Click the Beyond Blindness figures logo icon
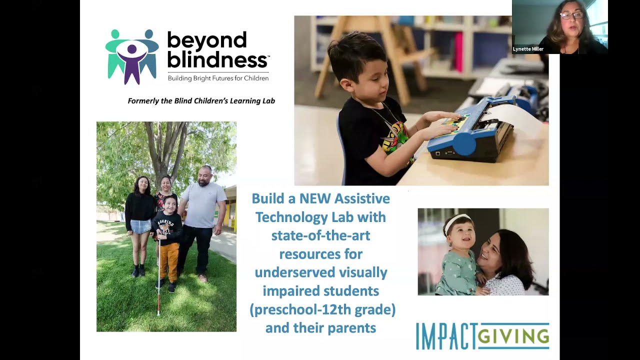pos(132,56)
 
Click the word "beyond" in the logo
pos(206,41)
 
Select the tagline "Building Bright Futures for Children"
pos(218,78)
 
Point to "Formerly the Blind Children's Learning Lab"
pos(201,101)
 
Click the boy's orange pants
pos(169,260)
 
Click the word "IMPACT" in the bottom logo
pos(445,336)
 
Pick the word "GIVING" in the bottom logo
pos(513,336)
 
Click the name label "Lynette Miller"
pos(528,49)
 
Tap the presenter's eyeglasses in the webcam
pos(571,15)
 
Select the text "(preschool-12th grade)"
pos(322,309)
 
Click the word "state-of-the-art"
pos(320,235)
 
